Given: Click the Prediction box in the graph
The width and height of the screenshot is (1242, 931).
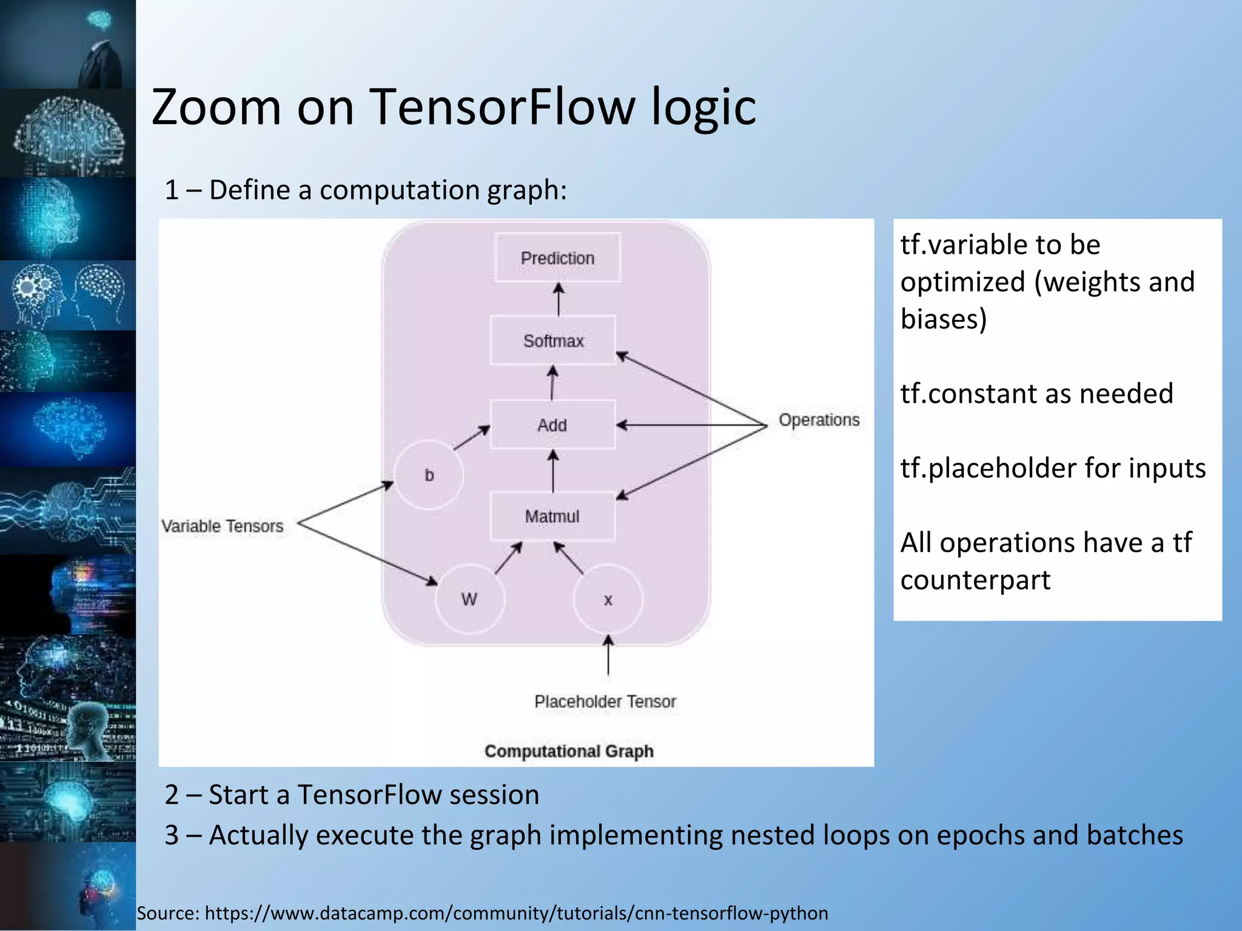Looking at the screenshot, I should pos(557,258).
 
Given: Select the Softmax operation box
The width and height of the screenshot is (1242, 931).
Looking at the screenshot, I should pos(553,341).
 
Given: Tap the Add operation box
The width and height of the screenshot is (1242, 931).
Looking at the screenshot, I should pos(552,425).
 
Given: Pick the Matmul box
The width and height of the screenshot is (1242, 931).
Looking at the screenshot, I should pos(552,516).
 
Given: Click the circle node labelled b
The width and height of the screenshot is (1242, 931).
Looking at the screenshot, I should pos(429,475).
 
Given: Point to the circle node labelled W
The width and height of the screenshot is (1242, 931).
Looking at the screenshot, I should pos(469,599).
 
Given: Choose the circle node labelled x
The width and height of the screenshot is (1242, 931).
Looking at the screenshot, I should pos(608,599).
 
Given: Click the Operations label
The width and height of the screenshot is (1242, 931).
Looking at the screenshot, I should pos(819,420).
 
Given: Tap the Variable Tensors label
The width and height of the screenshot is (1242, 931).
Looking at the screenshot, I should pos(223,526).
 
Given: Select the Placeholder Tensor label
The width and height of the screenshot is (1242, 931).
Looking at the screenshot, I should pos(605,701).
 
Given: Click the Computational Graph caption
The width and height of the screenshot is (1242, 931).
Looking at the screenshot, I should pos(569,751).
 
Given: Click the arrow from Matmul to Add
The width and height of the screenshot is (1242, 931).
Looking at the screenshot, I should pos(553,471).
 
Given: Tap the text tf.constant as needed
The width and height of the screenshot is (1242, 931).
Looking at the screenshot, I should pos(1036,393).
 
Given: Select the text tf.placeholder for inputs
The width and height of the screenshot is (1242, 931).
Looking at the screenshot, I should pos(1053,468).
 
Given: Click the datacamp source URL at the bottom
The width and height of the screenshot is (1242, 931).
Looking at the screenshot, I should pos(516,912).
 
